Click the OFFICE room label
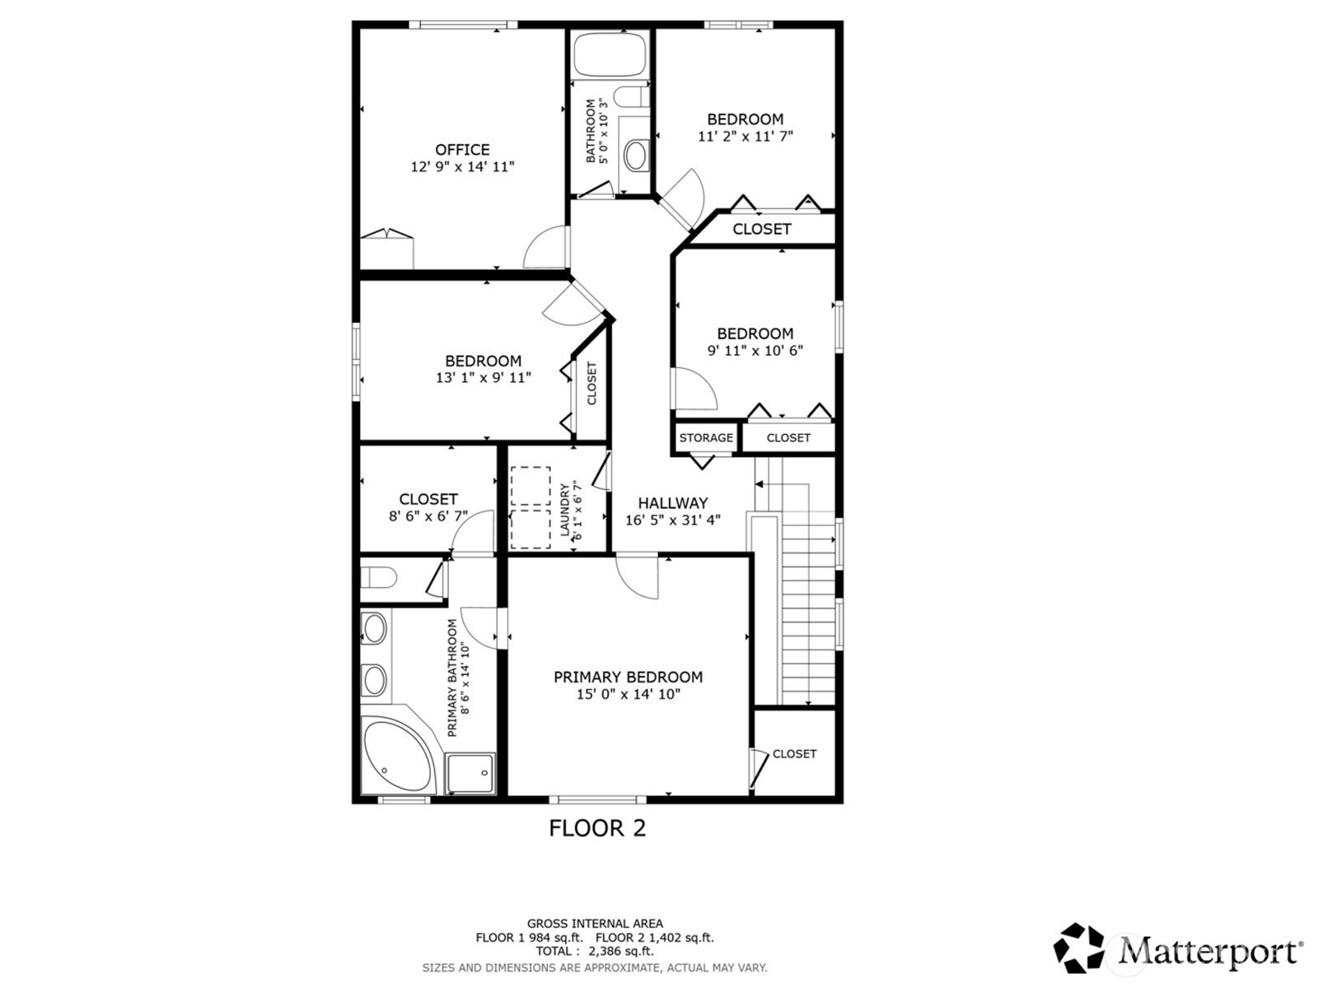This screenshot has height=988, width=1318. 462,149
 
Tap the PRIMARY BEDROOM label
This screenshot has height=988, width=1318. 628,678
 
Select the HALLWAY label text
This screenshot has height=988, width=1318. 672,503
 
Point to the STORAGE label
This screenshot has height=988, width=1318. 706,438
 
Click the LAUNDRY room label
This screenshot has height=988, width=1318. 564,510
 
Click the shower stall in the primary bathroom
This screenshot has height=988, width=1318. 470,773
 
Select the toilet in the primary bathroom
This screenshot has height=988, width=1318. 378,578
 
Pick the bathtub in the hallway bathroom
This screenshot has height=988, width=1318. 610,54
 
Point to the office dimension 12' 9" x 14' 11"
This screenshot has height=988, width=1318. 462,167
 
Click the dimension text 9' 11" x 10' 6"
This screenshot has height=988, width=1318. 755,351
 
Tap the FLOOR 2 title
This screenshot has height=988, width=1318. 597,828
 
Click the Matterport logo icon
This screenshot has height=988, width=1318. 1078,948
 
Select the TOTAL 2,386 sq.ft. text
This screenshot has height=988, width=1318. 595,951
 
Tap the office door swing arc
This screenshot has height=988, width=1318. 544,247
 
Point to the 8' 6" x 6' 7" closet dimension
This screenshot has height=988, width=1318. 428,516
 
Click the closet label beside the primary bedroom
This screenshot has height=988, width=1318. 794,754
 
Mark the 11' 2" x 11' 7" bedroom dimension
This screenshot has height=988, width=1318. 745,136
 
